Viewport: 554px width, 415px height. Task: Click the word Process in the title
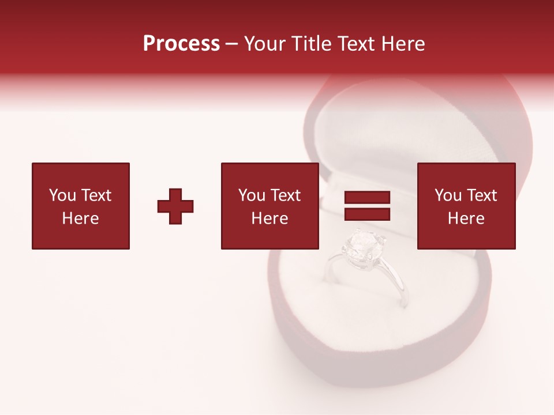(x=181, y=44)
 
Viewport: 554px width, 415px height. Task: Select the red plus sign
(x=175, y=206)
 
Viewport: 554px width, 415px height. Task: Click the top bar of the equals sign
(x=367, y=198)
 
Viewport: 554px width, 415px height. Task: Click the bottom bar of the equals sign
(x=367, y=214)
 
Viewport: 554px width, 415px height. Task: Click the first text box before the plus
(x=81, y=206)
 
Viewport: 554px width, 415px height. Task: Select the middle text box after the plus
(x=269, y=206)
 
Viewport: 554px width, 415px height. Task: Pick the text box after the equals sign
(x=466, y=206)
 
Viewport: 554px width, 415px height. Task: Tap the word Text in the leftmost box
(x=96, y=195)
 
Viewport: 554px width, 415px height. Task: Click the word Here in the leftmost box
(x=81, y=218)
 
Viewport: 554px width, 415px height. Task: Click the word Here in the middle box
(x=269, y=218)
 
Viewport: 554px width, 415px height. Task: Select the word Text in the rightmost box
(x=481, y=195)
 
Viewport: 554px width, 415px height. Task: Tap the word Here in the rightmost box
(x=466, y=218)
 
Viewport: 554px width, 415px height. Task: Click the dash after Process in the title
(x=232, y=44)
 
